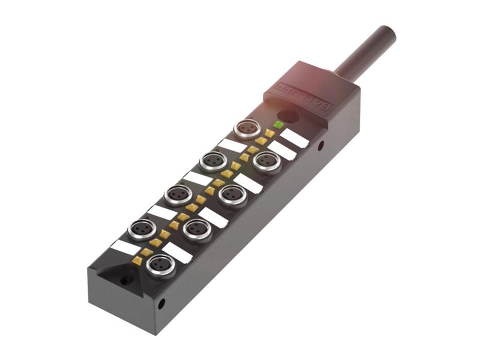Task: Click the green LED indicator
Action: pyautogui.click(x=278, y=125)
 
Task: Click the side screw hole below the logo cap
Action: pyautogui.click(x=322, y=145)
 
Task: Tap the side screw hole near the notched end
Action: pyautogui.click(x=161, y=304)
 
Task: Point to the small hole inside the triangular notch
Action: pyautogui.click(x=125, y=280)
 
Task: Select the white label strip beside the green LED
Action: pyautogui.click(x=294, y=138)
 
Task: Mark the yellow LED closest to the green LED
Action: pyautogui.click(x=270, y=133)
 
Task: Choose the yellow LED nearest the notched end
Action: pyautogui.click(x=138, y=261)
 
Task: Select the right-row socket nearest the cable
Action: pyautogui.click(x=266, y=160)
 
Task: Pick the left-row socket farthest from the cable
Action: pyautogui.click(x=143, y=229)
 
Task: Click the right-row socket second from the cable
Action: pyautogui.click(x=232, y=194)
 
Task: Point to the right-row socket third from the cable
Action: pyautogui.click(x=197, y=229)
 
